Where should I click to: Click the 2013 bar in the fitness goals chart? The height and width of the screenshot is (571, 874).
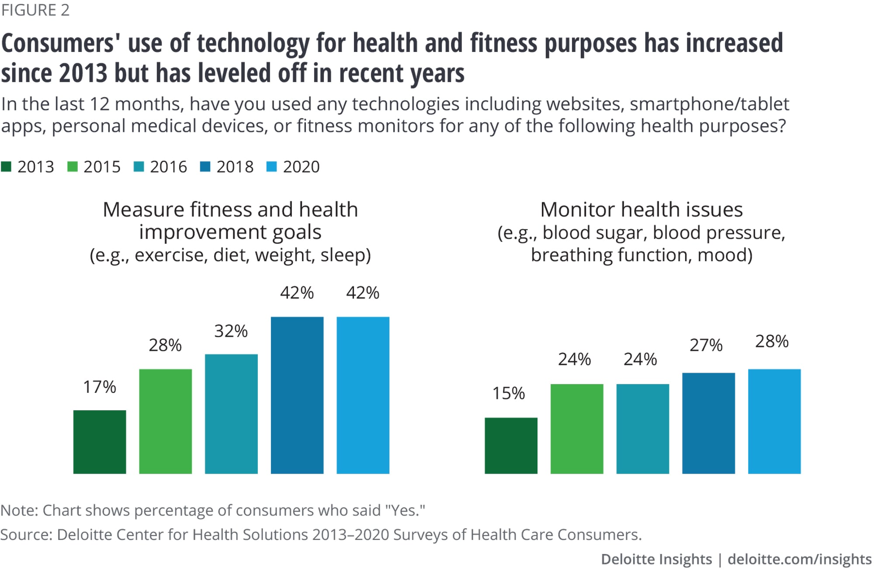tap(100, 442)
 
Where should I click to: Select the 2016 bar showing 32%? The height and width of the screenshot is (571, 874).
tap(231, 414)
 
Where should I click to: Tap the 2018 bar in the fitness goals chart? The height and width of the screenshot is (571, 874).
tap(297, 395)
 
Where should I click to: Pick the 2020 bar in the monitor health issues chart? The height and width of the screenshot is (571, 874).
tap(774, 421)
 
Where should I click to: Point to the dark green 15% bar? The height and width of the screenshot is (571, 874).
tap(511, 446)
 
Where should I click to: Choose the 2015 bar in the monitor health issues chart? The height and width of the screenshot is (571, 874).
tap(577, 429)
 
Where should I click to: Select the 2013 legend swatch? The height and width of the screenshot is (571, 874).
tap(6, 167)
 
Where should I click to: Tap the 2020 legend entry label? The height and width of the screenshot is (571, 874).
tap(301, 167)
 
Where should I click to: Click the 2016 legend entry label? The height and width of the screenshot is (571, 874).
tap(168, 167)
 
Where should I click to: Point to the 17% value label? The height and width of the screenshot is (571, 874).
tap(100, 387)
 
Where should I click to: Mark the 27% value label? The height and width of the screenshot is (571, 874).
tap(706, 345)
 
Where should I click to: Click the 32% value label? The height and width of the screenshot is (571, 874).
tap(231, 331)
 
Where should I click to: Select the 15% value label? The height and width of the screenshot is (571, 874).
tap(509, 393)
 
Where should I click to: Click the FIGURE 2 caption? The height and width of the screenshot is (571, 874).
tap(35, 10)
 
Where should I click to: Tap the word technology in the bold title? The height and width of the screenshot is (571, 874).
tap(253, 44)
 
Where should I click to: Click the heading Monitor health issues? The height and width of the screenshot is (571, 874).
tap(641, 210)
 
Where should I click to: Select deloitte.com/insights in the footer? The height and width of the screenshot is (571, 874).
tap(799, 559)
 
